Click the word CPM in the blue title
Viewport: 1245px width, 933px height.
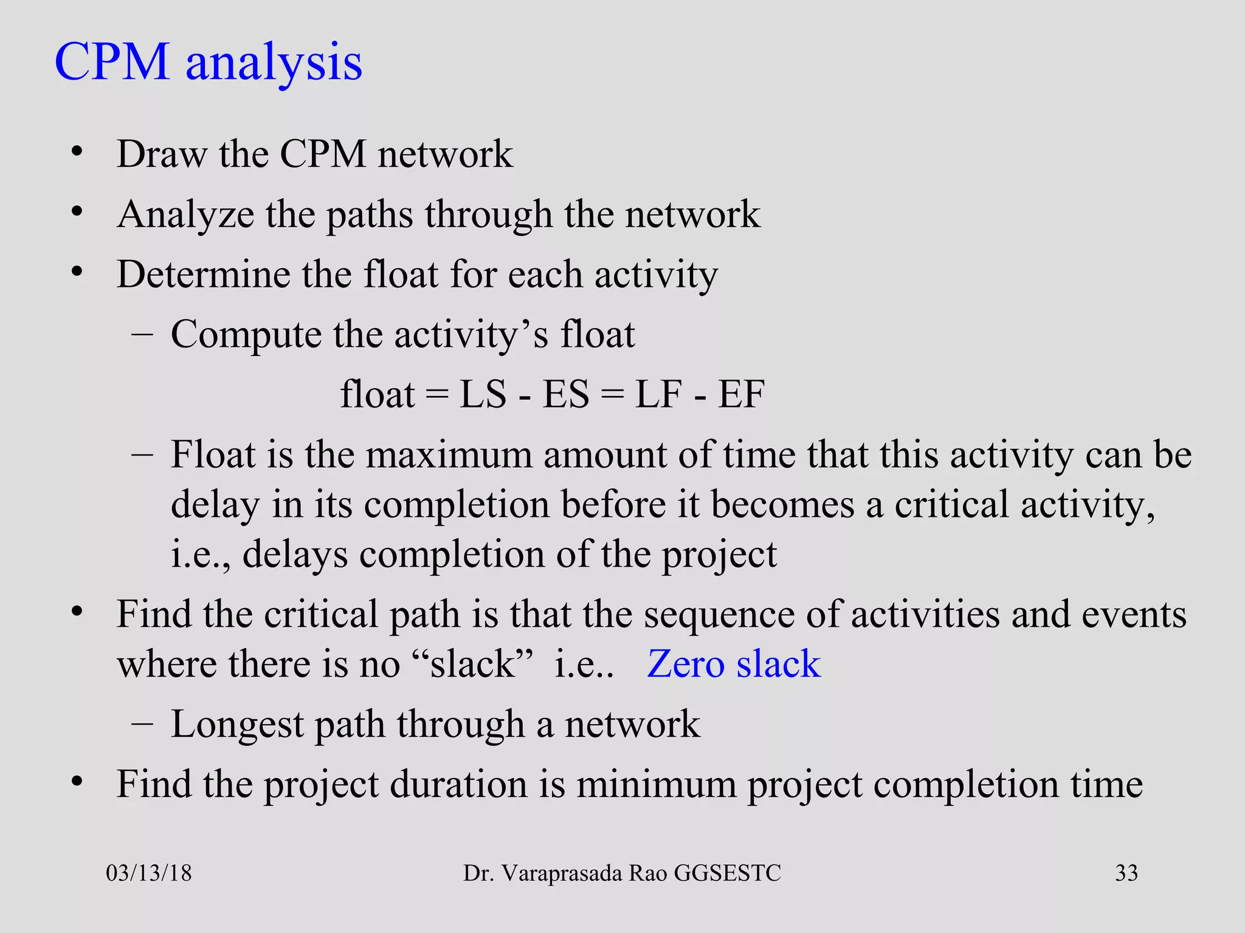click(x=112, y=62)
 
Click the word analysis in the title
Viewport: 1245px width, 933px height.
click(x=274, y=64)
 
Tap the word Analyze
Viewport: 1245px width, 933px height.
click(x=185, y=216)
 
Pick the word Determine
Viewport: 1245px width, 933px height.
click(x=203, y=275)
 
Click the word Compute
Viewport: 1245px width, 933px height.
click(x=246, y=335)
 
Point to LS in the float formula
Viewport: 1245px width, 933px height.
click(x=483, y=395)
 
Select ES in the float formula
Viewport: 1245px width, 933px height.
click(x=566, y=395)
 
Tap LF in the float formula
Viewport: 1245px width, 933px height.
click(x=658, y=395)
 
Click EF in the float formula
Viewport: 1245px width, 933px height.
click(x=741, y=395)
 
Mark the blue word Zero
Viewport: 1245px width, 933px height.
click(x=685, y=664)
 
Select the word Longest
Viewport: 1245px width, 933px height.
click(x=237, y=725)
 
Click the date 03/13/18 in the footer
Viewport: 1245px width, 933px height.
click(x=149, y=873)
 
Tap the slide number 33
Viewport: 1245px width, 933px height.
click(x=1126, y=873)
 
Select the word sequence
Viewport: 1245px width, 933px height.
click(x=719, y=615)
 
